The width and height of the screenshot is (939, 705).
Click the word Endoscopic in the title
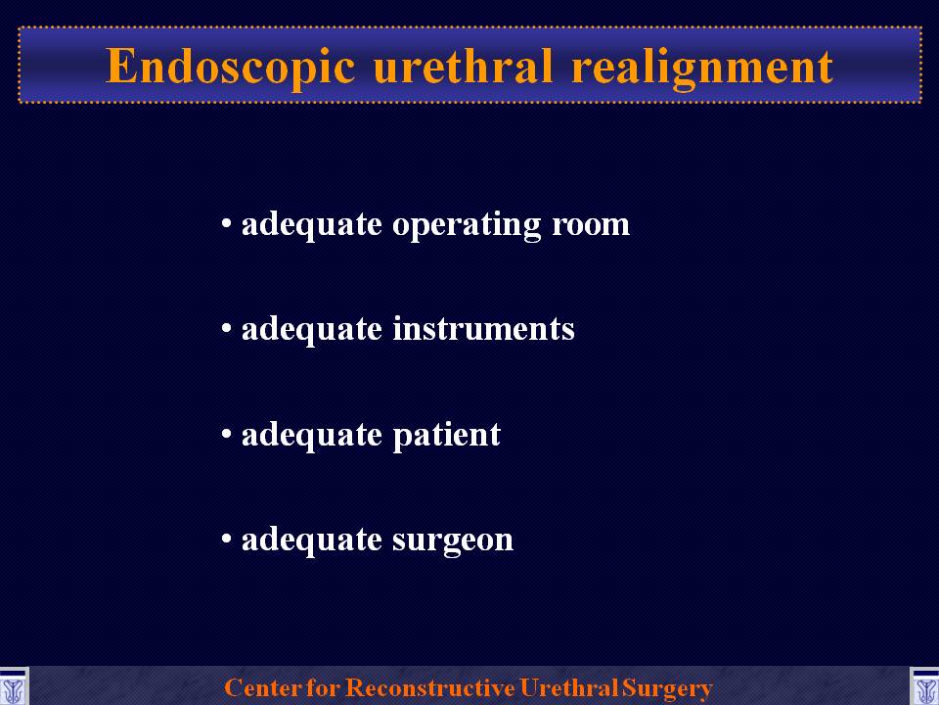click(x=231, y=67)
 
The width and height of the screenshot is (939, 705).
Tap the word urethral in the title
click(x=463, y=65)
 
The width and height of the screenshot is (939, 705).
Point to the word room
click(x=591, y=225)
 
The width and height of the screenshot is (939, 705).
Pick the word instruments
click(x=483, y=329)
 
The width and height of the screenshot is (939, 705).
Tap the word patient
click(x=446, y=435)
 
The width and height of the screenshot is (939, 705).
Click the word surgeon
click(x=453, y=540)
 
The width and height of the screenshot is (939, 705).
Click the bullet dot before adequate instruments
click(x=226, y=329)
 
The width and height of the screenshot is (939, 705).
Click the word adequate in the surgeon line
click(x=311, y=540)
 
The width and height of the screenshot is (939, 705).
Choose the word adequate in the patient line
click(x=311, y=435)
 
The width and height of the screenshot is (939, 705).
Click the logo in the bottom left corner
click(x=14, y=687)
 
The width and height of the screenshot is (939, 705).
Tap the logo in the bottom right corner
click(x=924, y=687)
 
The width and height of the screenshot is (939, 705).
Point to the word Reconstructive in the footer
click(x=429, y=687)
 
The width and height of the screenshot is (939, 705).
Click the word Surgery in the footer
click(x=666, y=688)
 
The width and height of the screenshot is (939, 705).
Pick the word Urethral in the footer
click(x=568, y=687)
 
